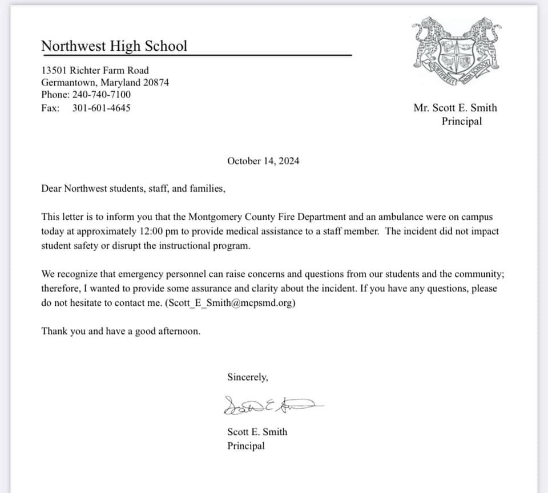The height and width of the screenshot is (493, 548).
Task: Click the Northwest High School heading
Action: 114,46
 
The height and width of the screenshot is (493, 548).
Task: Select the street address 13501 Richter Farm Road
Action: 95,70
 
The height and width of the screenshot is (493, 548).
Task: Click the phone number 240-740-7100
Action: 101,95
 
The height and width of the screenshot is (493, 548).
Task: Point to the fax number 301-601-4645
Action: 101,107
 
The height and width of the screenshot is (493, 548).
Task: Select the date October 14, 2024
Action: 263,161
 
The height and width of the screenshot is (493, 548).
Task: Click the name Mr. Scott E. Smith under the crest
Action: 455,108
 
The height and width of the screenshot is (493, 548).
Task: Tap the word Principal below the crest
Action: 461,121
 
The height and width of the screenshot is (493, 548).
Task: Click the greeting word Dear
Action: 51,188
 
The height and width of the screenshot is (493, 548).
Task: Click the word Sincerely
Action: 247,377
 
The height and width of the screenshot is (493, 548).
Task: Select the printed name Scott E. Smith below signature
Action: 257,432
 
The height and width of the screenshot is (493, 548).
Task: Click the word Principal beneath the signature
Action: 246,446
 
